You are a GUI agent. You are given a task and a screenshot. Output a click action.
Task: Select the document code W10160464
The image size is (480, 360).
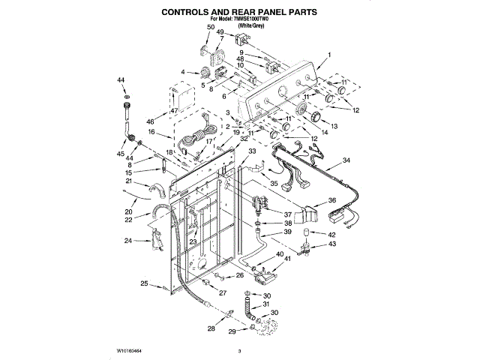coord(130,350)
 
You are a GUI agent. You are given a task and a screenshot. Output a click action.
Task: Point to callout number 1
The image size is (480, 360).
coord(328,54)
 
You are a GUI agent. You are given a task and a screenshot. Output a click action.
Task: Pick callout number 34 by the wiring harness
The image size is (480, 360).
coord(346,160)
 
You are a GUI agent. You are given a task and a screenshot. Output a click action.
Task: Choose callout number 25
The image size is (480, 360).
coord(145,283)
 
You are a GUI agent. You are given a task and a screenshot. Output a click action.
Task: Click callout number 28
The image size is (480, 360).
coord(211,328)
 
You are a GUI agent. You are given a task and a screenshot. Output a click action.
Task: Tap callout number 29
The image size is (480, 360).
coord(232,331)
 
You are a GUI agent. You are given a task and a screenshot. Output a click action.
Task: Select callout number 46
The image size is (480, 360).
coord(150,121)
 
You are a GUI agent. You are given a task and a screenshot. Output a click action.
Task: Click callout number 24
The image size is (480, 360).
coord(128,241)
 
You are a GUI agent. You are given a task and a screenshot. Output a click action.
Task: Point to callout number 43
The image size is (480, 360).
coord(332,244)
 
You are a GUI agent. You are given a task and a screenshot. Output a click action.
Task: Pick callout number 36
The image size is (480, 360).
coord(331,200)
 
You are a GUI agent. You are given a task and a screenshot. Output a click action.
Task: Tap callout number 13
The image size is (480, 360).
coord(334,126)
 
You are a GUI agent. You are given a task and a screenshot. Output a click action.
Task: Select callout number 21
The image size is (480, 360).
coord(129,181)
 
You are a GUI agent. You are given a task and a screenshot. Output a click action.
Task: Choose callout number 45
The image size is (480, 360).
coord(120,154)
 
